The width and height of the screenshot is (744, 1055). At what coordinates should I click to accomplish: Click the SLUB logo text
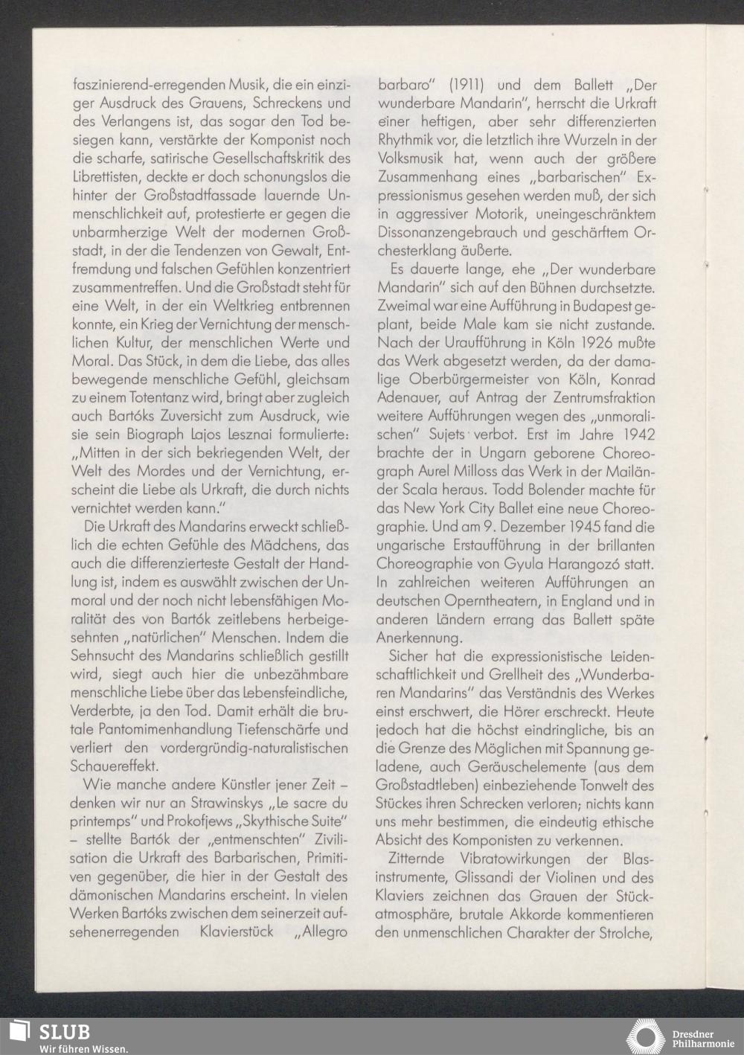click(65, 1031)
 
